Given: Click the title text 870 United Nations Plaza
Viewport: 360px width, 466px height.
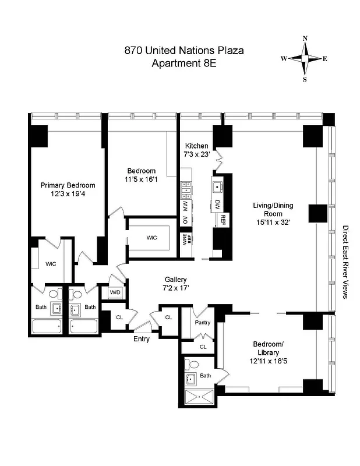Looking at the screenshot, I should [x=183, y=51].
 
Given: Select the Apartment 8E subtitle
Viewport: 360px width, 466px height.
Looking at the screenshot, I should [x=183, y=63].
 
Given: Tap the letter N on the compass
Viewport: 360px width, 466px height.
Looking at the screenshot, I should [x=305, y=39].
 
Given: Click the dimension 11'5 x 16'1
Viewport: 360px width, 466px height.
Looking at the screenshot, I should [x=142, y=180].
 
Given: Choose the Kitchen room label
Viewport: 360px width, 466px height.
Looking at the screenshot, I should [x=196, y=146].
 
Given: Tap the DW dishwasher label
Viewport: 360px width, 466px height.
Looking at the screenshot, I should [x=217, y=204].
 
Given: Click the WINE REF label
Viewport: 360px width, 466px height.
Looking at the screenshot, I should [x=188, y=239].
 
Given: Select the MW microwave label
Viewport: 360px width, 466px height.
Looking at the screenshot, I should [x=185, y=206].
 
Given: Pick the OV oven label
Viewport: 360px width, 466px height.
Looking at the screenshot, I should [x=185, y=220].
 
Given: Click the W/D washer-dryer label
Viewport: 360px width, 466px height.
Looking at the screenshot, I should [x=114, y=292].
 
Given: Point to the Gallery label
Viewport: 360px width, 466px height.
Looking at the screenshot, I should [x=175, y=280].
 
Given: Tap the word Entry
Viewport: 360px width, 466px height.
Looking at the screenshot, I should [x=142, y=339].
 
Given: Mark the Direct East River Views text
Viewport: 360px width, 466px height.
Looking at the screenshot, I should [x=345, y=262].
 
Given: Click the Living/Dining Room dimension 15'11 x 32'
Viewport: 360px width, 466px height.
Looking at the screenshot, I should [x=271, y=222].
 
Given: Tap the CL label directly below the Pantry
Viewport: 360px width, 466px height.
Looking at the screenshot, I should [x=203, y=347].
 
